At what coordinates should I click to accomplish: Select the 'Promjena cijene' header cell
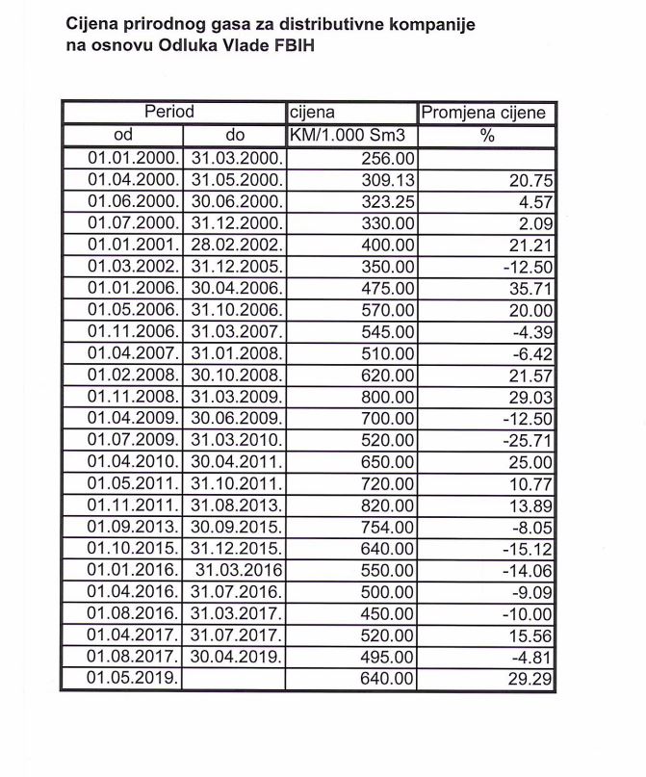(x=487, y=113)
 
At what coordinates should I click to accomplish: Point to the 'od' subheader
(x=123, y=136)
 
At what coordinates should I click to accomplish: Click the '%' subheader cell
(x=487, y=136)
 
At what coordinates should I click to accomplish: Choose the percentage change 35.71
(x=528, y=288)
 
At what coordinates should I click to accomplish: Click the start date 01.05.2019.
(x=132, y=678)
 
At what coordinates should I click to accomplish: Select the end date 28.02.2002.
(x=236, y=245)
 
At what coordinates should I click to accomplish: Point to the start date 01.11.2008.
(x=132, y=396)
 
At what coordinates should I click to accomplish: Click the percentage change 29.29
(x=528, y=678)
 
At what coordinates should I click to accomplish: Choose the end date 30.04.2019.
(x=236, y=656)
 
